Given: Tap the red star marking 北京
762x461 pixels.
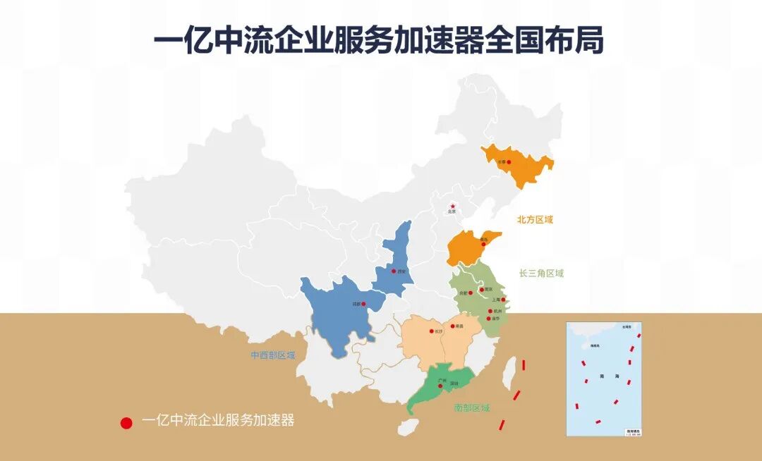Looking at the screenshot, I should tap(452, 206).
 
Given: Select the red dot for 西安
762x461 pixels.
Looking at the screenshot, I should tap(394, 270).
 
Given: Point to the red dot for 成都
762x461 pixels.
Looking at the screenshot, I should tap(364, 304).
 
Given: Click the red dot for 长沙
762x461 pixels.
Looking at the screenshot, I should tap(431, 330).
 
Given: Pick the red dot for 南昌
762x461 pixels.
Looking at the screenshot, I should tap(452, 326).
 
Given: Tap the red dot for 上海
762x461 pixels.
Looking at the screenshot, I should tap(503, 300).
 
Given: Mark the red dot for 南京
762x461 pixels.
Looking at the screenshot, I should tap(482, 289).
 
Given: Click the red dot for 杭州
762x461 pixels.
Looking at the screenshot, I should tap(491, 311).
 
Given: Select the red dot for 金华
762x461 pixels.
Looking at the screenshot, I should tap(489, 319).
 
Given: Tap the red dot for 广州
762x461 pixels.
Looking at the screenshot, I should tap(440, 385).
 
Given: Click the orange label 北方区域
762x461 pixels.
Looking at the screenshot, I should tap(535, 220).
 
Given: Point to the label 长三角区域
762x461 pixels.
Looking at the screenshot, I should tap(541, 273).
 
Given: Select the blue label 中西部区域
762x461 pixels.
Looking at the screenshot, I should tap(273, 355).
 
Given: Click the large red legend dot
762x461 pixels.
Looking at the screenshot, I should tap(126, 423).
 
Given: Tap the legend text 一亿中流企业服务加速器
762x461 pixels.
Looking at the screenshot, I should tap(218, 421).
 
